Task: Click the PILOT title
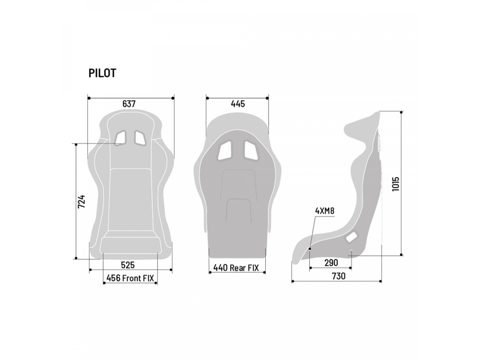click(x=102, y=73)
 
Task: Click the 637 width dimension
click(x=129, y=104)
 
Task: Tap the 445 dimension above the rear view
click(x=238, y=104)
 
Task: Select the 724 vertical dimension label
click(x=82, y=202)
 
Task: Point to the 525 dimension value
click(x=127, y=265)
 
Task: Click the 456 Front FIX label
click(x=130, y=278)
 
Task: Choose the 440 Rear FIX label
click(x=236, y=268)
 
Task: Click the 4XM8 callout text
click(x=324, y=211)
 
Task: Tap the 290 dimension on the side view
click(x=331, y=262)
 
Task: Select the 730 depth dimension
click(x=338, y=276)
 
